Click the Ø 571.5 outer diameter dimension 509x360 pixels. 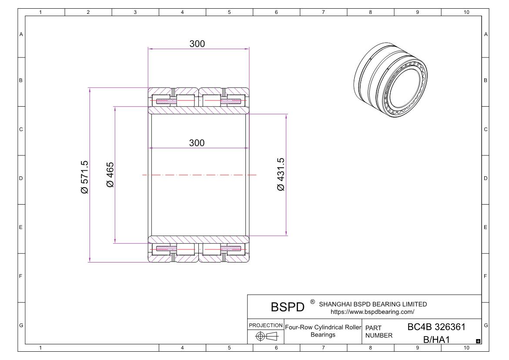85,177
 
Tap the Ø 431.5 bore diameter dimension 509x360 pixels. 281,175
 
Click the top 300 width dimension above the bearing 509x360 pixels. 197,44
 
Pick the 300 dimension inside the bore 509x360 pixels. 197,143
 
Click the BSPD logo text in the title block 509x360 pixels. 288,307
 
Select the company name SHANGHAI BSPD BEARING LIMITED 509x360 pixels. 373,304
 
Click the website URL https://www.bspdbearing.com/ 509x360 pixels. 372,312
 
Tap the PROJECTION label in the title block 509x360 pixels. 265,326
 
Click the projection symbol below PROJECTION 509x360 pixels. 265,336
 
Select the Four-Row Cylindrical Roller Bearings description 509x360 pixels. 323,331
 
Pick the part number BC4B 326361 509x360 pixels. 436,327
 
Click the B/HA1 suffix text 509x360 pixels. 437,339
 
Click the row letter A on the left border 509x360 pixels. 21,34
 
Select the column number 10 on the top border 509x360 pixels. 466,12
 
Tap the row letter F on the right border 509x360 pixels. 486,276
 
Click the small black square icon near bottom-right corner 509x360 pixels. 478,341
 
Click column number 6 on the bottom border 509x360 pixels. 276,347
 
